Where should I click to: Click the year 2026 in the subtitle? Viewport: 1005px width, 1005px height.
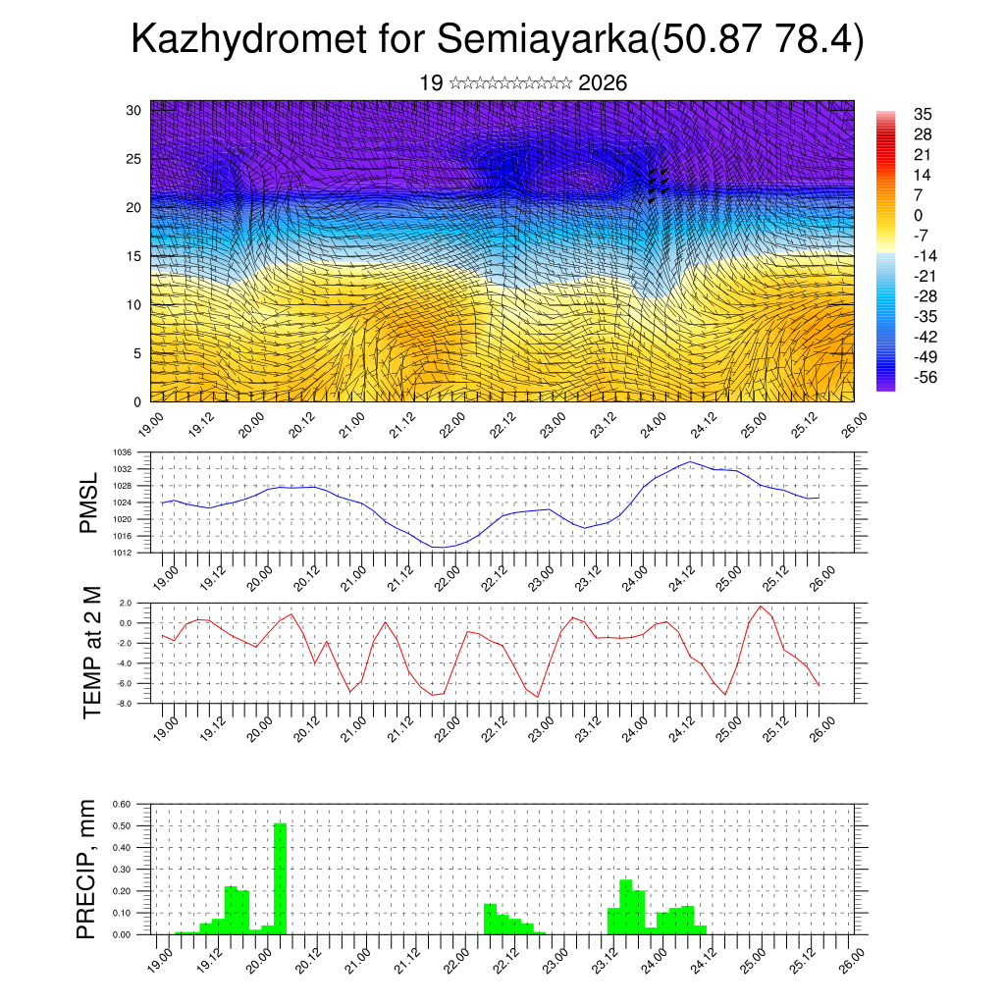[603, 83]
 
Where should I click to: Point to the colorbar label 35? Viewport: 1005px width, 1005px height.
[923, 114]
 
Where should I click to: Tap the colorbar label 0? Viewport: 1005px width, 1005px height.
[919, 215]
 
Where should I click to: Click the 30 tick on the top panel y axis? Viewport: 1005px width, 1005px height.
[133, 109]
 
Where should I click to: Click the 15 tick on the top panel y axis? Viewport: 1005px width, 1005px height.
[133, 256]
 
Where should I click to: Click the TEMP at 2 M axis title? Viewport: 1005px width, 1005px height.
[92, 652]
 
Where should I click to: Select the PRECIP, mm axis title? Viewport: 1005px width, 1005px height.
[87, 870]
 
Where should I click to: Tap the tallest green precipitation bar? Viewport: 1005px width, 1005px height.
[280, 878]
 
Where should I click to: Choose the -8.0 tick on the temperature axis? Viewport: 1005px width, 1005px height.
[125, 704]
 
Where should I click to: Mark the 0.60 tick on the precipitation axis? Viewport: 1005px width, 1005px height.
[122, 804]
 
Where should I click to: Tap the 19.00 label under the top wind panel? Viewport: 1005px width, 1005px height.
[151, 425]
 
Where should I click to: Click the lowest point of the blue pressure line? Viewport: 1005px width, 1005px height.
[440, 547]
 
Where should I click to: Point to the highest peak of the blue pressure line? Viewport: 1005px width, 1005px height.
[691, 461]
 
